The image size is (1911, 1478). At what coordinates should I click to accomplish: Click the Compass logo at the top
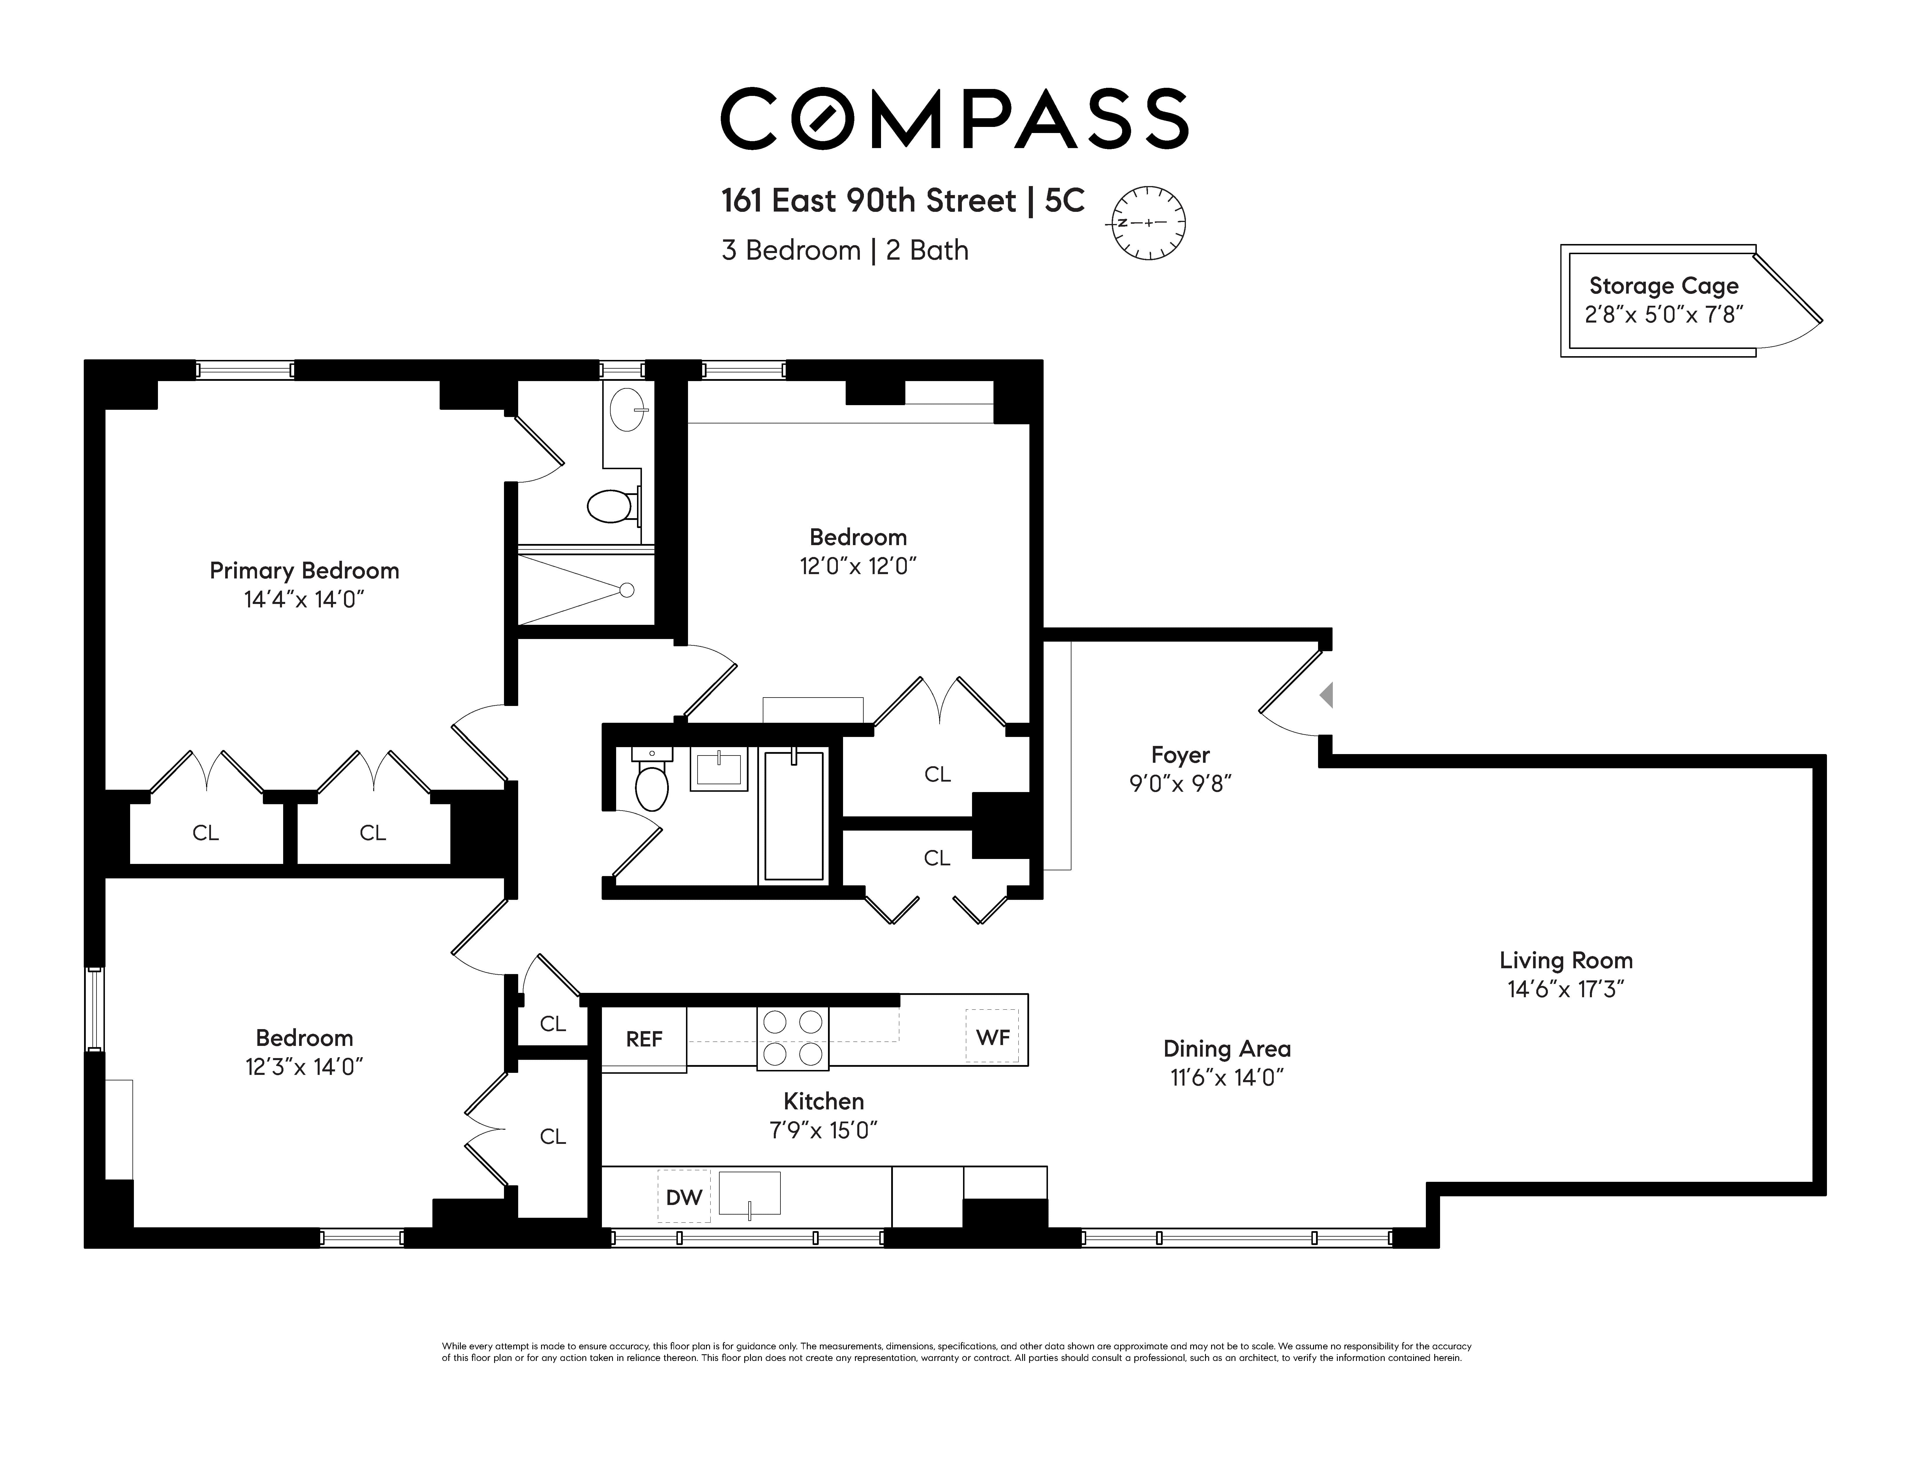point(954,118)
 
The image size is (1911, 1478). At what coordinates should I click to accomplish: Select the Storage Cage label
point(1664,286)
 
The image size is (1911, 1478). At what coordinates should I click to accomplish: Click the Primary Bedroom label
point(305,571)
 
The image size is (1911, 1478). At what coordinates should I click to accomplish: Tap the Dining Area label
point(1227,1048)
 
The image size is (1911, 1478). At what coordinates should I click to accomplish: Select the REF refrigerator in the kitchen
point(644,1039)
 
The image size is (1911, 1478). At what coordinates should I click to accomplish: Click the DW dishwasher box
point(683,1196)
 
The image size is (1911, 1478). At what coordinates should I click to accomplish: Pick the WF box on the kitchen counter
point(992,1037)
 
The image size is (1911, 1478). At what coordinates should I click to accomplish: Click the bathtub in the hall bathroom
point(793,815)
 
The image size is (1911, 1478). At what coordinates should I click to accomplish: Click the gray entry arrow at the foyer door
point(1326,696)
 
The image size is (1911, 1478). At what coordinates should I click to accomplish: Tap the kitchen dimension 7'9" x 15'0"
point(823,1131)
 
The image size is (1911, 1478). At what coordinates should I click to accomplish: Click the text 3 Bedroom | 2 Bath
point(845,250)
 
